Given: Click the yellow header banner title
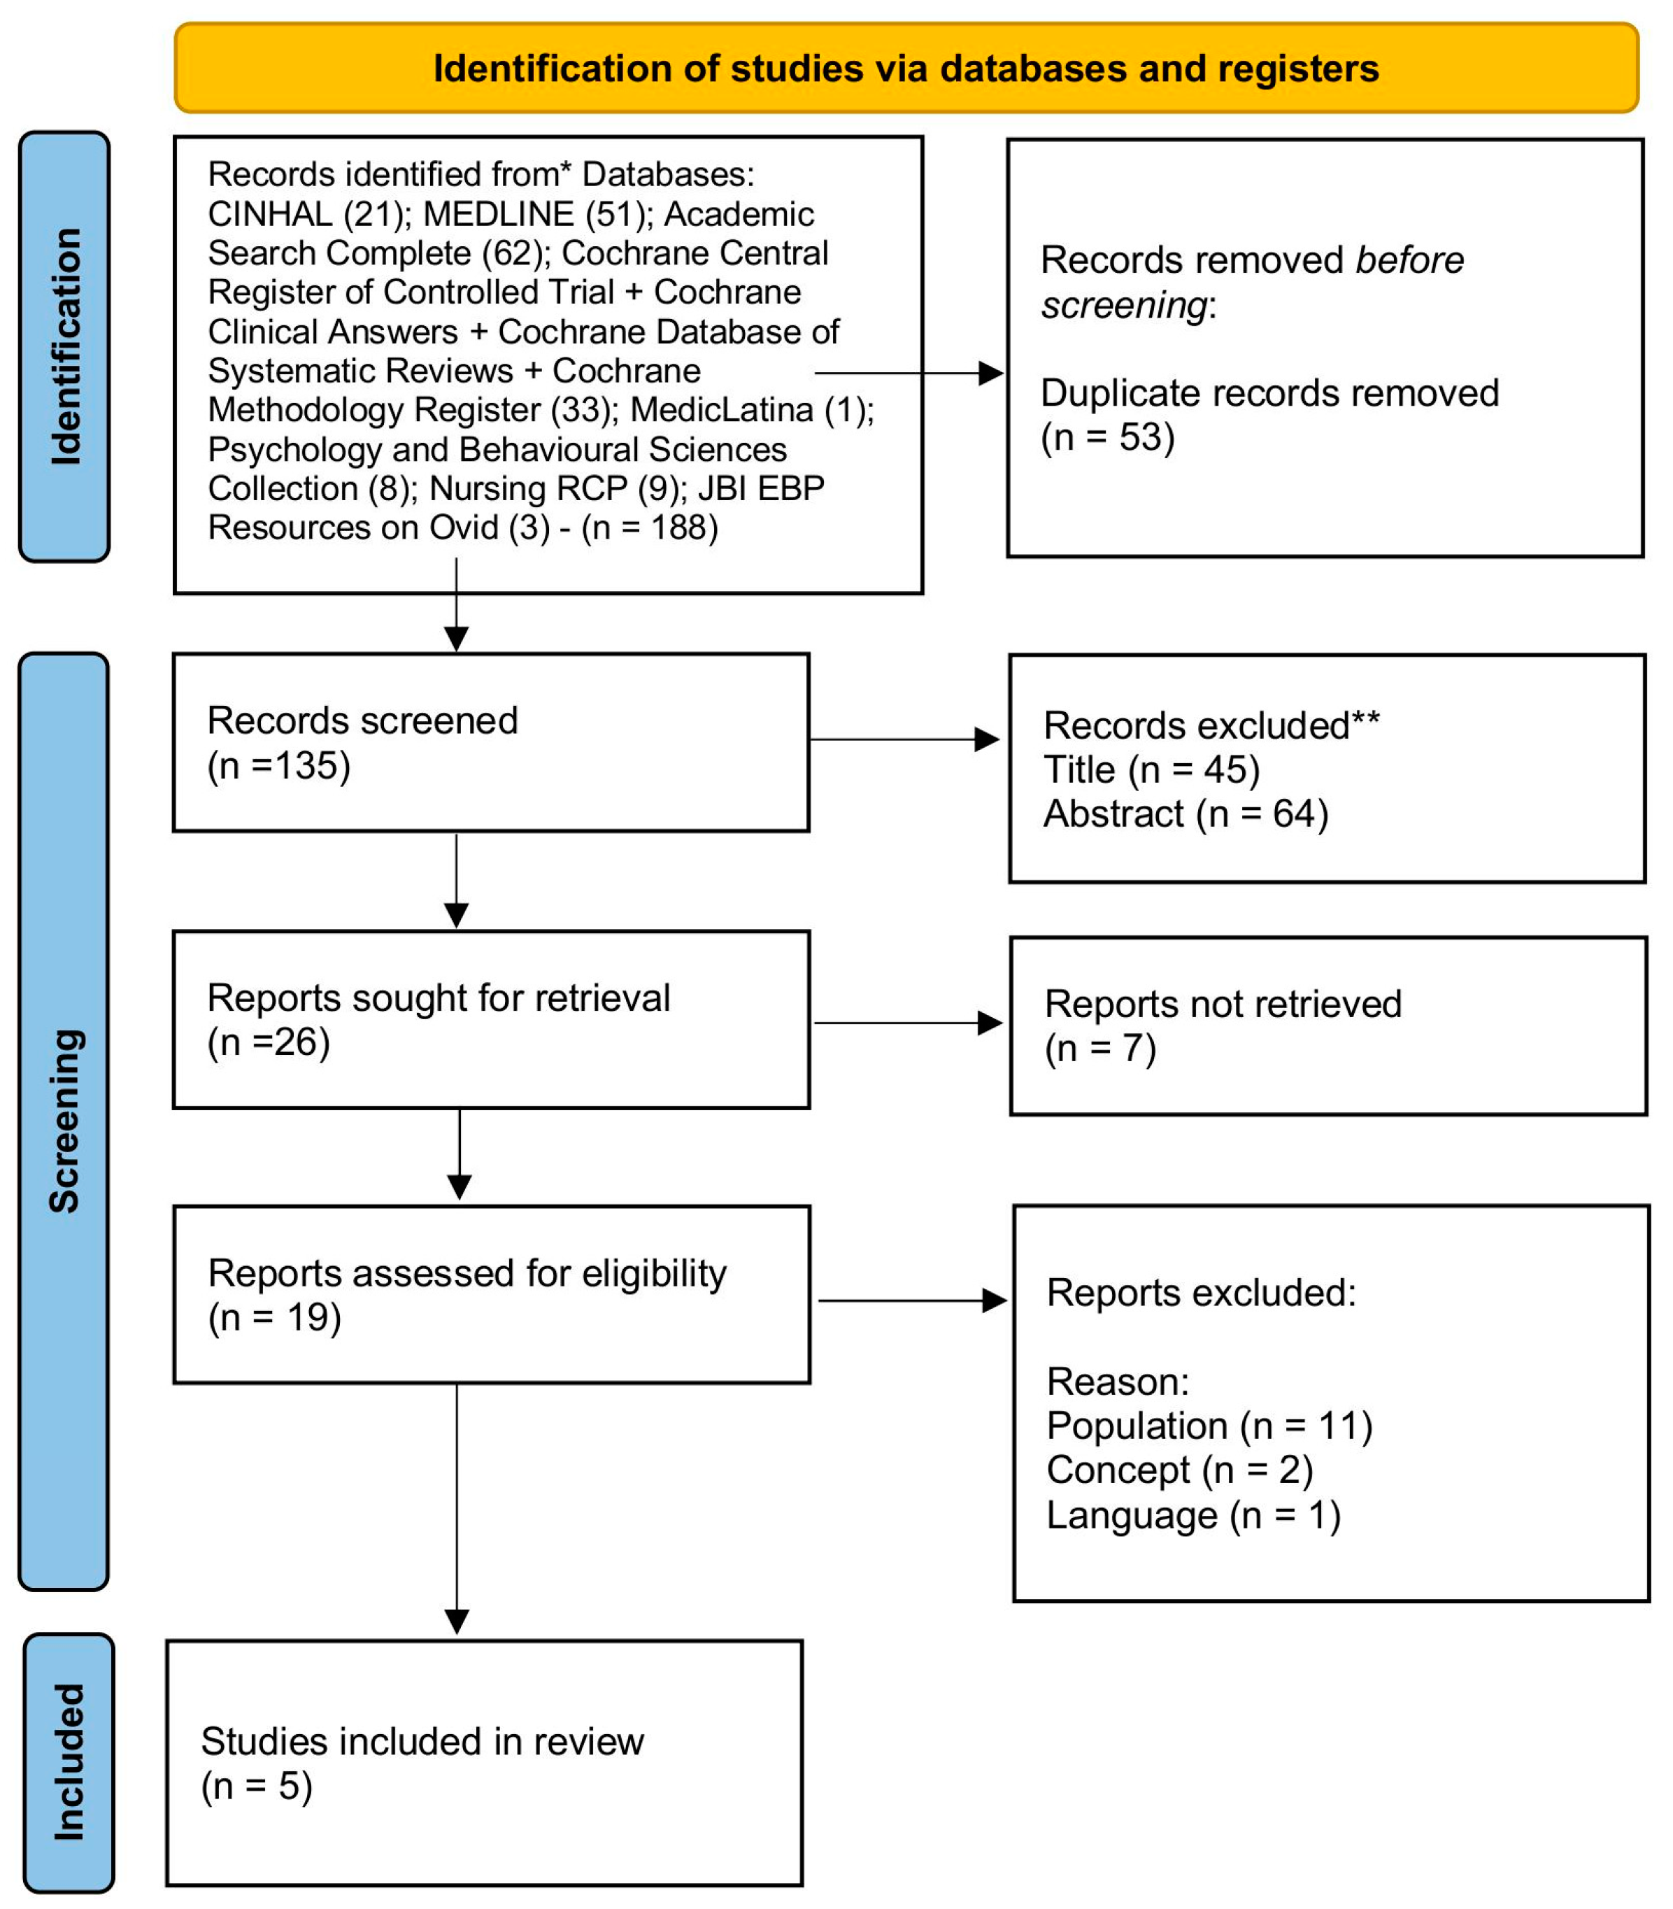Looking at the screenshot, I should coord(906,69).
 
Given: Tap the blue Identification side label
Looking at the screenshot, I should coord(65,346).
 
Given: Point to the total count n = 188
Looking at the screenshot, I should coord(650,528).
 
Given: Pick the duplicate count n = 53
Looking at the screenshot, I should coord(1107,438).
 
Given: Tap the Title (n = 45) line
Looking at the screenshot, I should coord(1151,770).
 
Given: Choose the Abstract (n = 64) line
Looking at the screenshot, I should coord(1186,814).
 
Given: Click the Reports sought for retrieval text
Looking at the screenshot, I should coord(438,998).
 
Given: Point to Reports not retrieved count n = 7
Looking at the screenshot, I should coord(1099,1049).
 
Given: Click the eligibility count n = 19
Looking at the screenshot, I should coord(273,1317).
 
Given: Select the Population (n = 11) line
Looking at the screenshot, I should coord(1209,1426).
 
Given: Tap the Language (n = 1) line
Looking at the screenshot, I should coord(1193,1514).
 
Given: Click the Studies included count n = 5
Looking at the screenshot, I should coord(256,1786).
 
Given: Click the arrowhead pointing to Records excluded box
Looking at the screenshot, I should coord(987,739).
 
